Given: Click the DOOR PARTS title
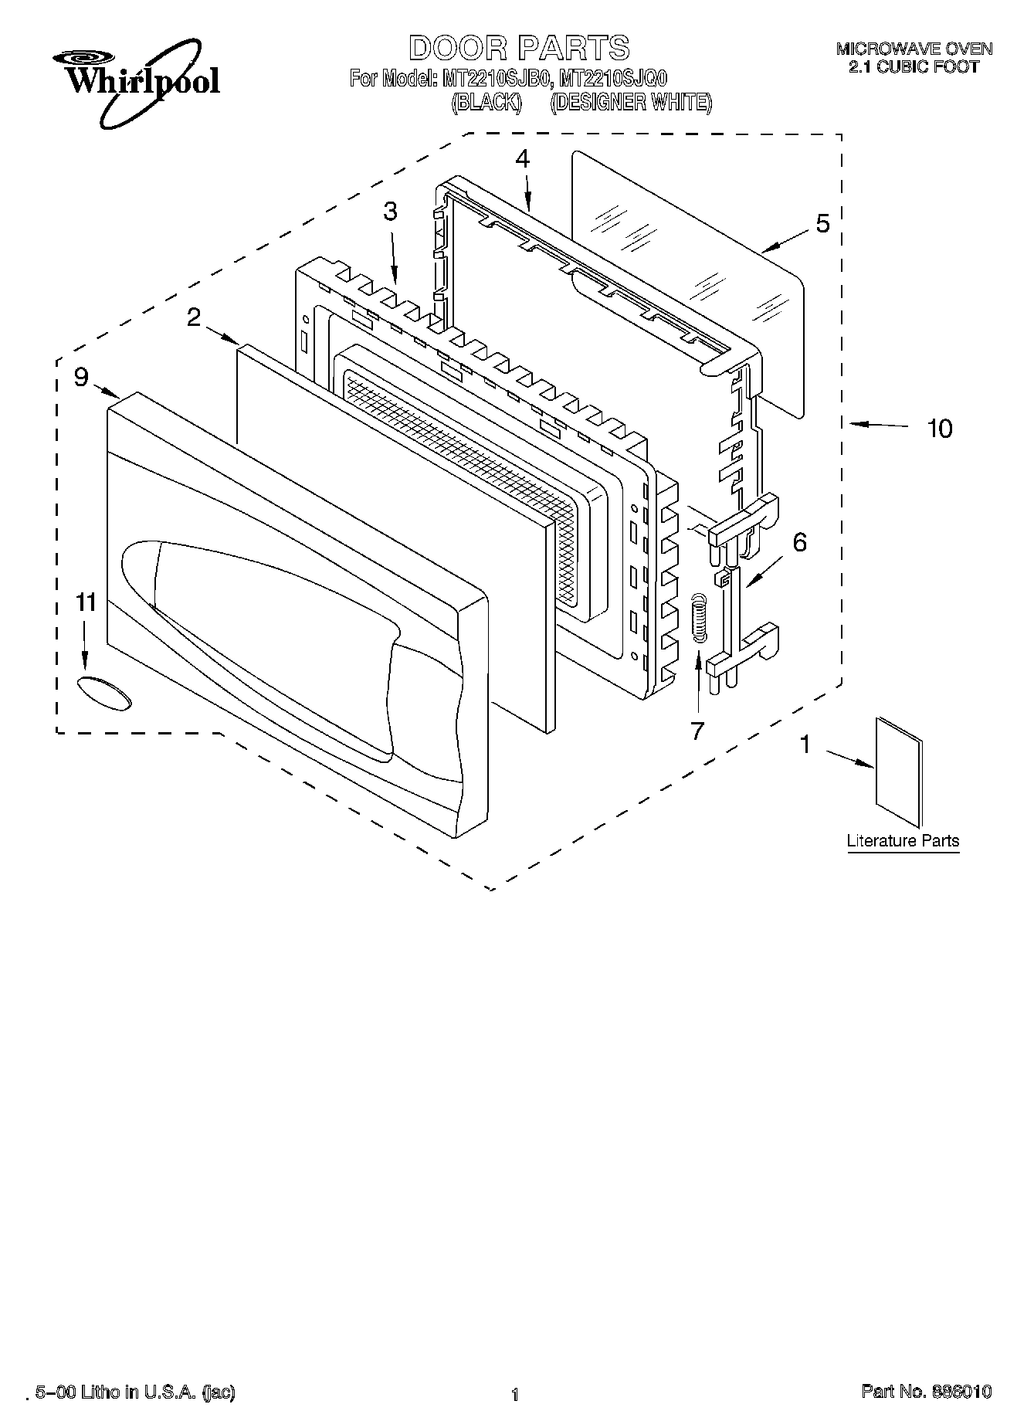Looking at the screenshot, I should point(518,48).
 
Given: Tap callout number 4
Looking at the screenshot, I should point(523,159).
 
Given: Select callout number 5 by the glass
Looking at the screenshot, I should point(822,224).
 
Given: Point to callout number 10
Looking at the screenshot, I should point(939,428).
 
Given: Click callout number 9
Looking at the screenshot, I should point(82,377).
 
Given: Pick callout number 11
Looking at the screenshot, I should point(86,602).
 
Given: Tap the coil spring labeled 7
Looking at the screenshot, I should point(698,616).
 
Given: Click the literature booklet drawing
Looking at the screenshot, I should point(899,772).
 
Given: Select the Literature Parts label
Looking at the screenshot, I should point(903,841).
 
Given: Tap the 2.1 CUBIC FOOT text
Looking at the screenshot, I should point(914,67).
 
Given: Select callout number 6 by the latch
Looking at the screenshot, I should point(799,542).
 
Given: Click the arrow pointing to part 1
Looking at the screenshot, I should point(849,758).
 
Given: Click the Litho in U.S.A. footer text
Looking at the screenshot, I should point(135,1392).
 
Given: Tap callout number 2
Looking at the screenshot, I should point(194,317).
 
